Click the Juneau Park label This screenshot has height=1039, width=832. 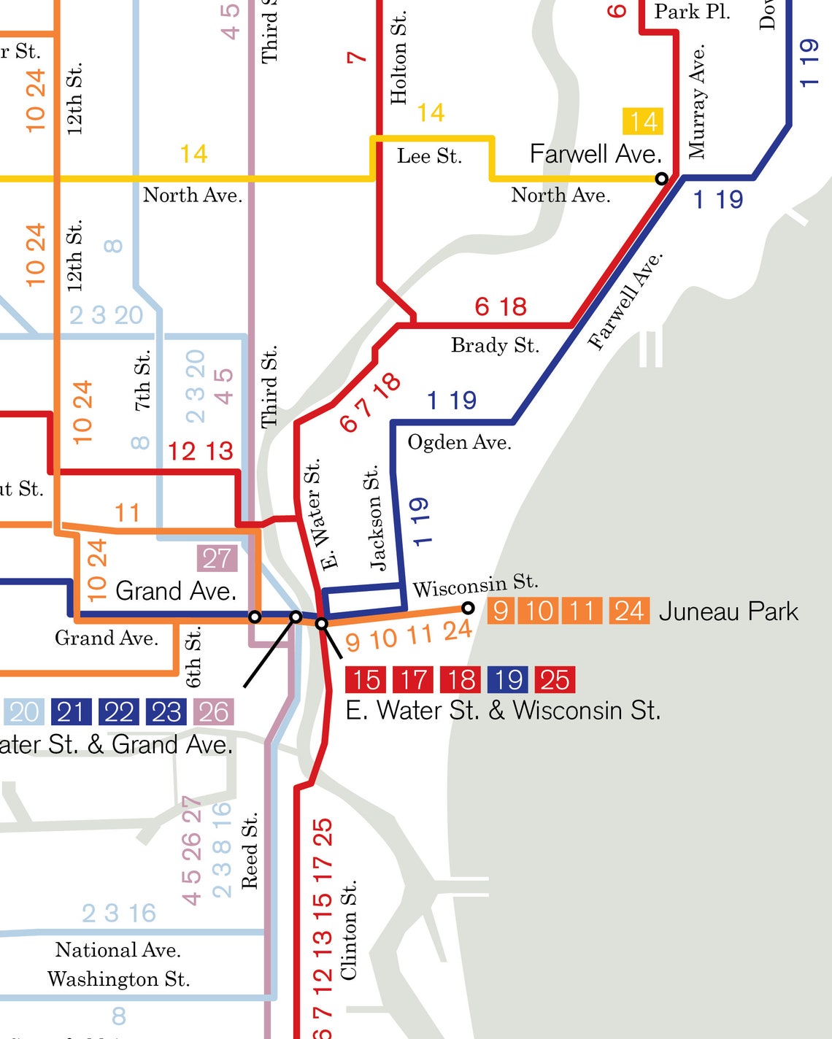728,611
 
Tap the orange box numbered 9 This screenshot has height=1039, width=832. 501,611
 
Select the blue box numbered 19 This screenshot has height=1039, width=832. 508,680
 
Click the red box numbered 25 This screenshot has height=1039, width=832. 555,680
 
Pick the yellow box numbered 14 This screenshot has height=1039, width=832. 643,121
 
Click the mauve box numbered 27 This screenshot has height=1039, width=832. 217,559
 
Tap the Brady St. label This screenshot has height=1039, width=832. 495,345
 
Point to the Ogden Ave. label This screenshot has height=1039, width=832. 459,443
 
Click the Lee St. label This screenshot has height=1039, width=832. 429,156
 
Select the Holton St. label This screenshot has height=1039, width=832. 398,58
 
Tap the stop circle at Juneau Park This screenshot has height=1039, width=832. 468,608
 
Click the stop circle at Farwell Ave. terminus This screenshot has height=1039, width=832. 661,179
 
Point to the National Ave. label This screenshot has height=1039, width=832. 118,950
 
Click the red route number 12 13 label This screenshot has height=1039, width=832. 200,452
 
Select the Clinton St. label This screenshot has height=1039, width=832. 349,930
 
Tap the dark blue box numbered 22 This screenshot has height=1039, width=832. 119,712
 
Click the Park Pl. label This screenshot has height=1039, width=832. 691,12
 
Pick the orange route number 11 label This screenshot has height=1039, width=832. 127,513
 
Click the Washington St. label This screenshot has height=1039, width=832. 118,979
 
